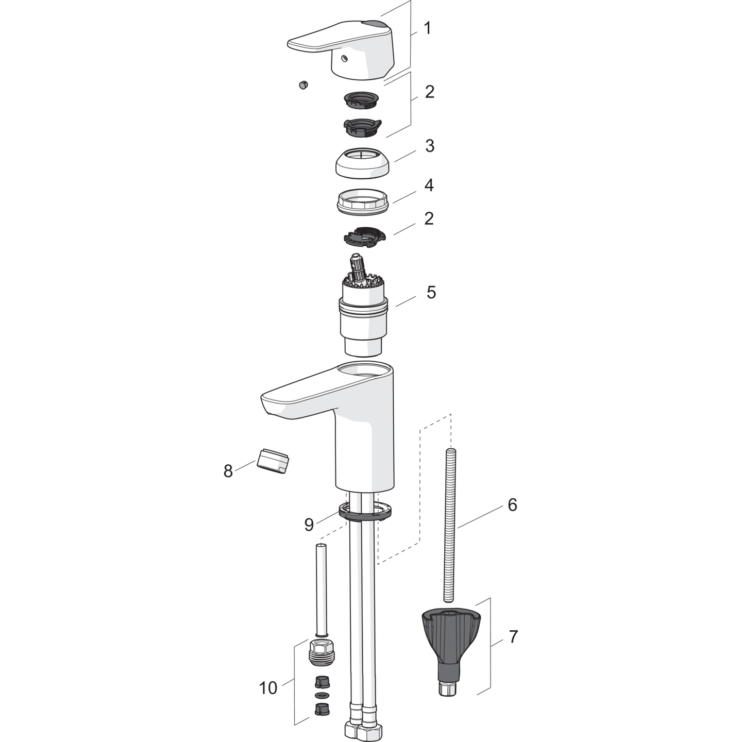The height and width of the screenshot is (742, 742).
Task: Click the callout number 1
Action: coord(427,28)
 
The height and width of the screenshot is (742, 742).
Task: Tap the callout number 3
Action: coord(429,146)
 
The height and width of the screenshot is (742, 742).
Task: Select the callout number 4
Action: coord(429,185)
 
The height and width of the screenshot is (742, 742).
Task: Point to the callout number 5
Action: coord(431,292)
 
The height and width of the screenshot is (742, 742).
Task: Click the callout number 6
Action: coord(512,504)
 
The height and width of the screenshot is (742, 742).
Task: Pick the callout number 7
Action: coord(513,637)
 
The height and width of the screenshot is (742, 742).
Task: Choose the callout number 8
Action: coord(228,470)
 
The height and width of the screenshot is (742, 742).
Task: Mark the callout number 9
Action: coord(309,525)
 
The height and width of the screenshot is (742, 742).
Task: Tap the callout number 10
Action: coord(268,687)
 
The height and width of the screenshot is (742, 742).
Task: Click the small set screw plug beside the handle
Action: coord(303,85)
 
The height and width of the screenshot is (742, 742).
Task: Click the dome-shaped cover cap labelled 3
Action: coord(362,164)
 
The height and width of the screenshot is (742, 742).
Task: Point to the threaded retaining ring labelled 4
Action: coord(362,201)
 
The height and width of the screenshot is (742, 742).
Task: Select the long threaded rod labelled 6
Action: coord(450,526)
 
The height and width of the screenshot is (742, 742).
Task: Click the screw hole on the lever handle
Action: coord(346,58)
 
